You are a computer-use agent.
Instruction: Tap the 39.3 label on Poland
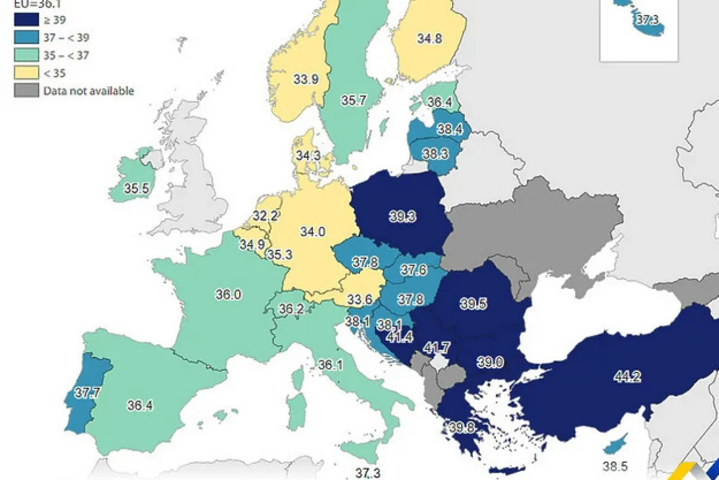(402, 216)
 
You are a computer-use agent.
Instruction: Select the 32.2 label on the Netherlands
(265, 216)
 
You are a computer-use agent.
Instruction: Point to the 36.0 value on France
(228, 294)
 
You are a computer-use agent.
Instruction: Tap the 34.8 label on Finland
(429, 39)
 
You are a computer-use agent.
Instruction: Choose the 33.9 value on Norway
(306, 80)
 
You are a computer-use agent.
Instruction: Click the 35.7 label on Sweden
(353, 100)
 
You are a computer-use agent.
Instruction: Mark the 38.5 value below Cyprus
(614, 466)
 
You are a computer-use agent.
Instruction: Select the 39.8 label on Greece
(461, 427)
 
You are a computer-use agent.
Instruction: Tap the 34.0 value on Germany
(312, 232)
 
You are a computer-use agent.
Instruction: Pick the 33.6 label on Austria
(360, 300)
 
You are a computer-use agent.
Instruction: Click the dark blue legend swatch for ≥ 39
(25, 21)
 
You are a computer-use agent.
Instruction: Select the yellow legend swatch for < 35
(25, 73)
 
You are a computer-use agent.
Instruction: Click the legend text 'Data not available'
(88, 91)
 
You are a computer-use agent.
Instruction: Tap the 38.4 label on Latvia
(450, 130)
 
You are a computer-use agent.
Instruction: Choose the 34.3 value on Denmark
(308, 156)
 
